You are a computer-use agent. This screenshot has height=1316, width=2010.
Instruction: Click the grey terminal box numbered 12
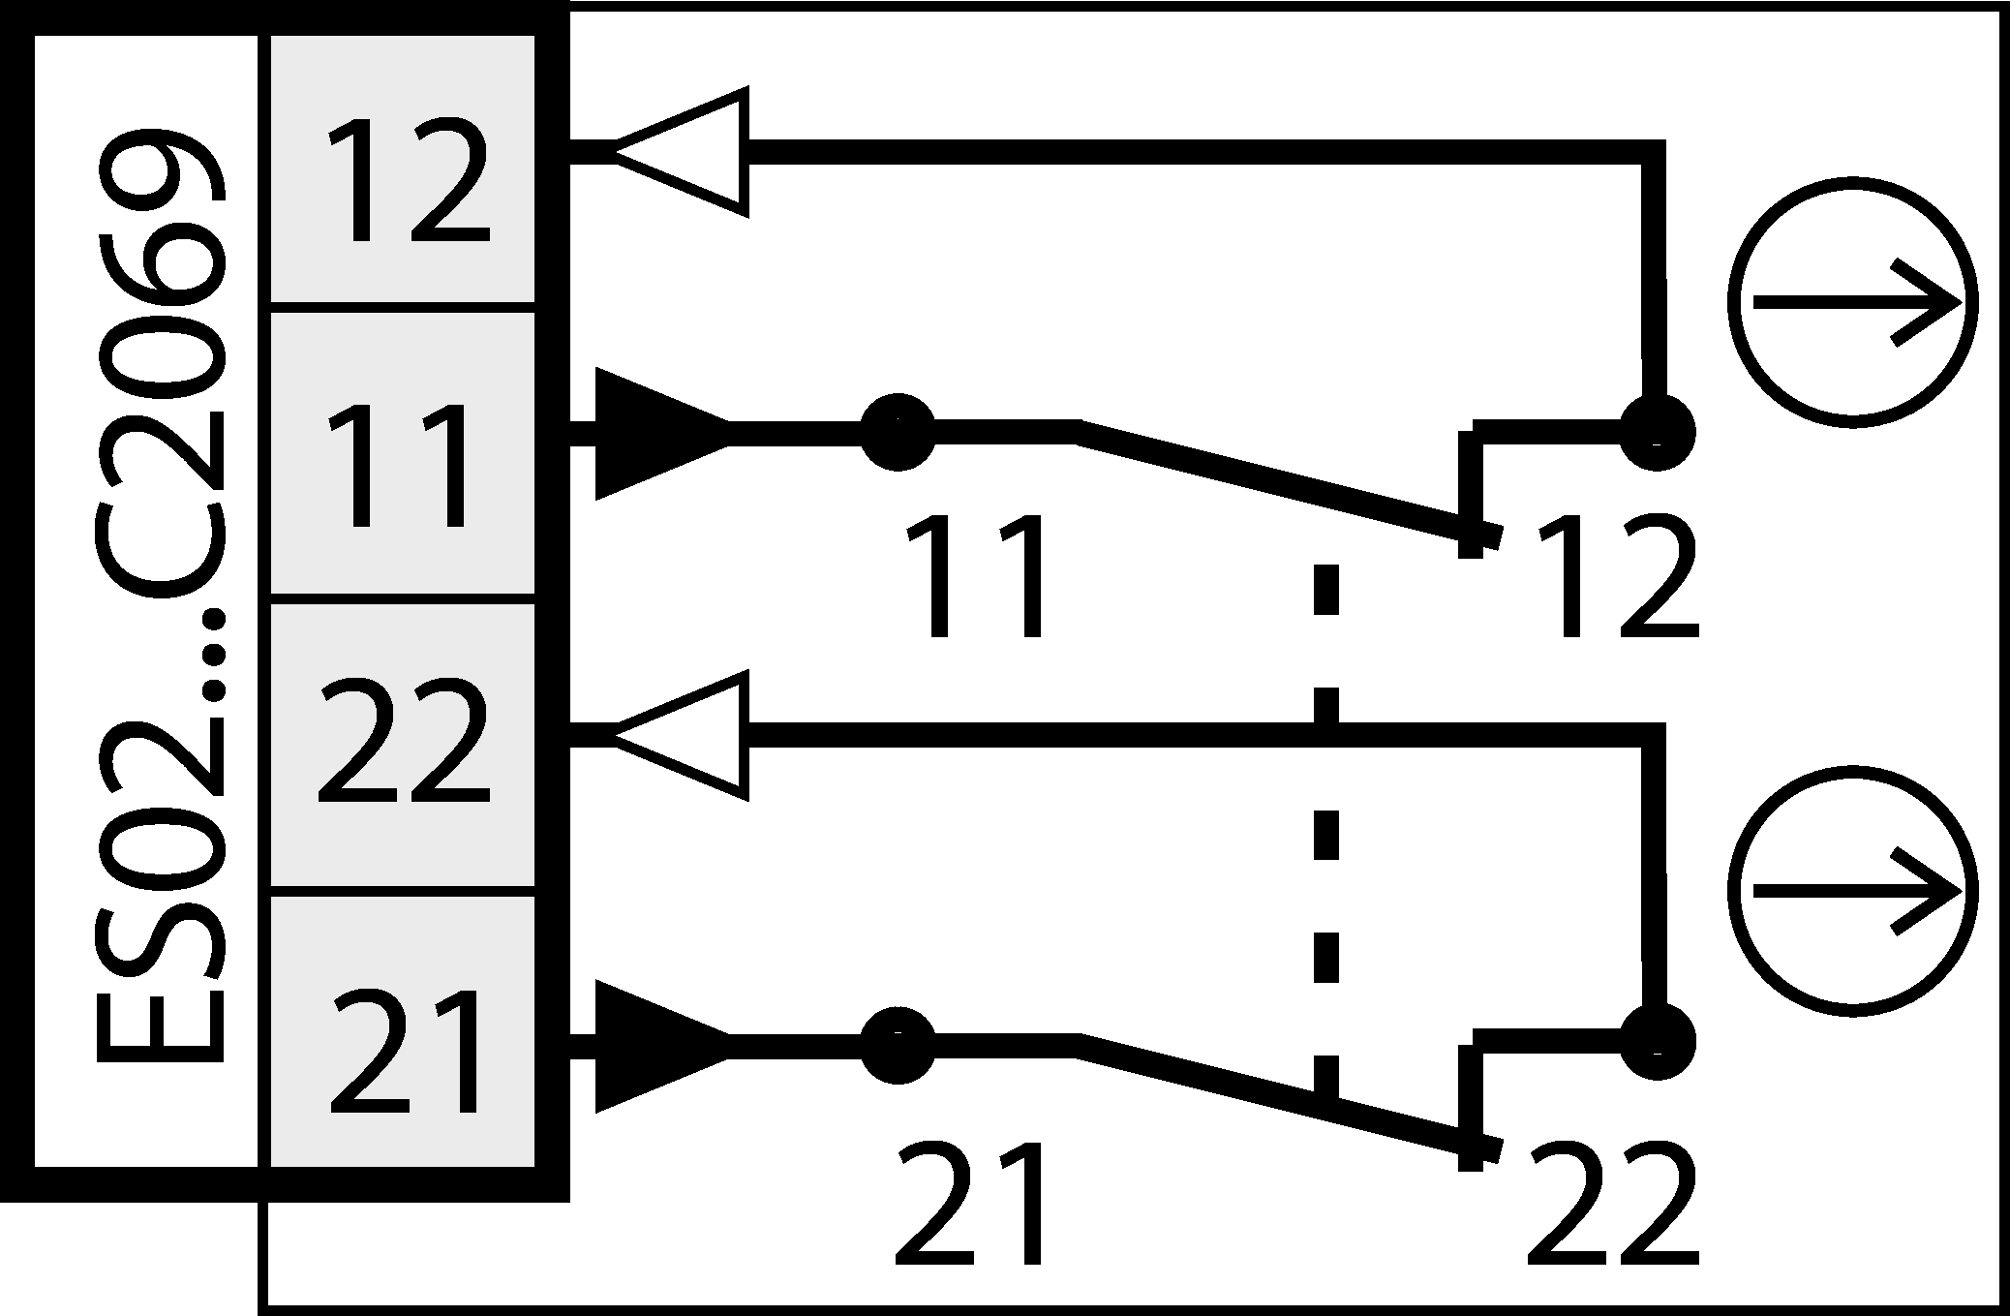(x=402, y=169)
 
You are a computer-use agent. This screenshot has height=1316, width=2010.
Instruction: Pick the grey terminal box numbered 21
(x=402, y=1031)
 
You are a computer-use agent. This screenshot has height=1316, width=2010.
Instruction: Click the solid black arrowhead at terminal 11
(x=658, y=434)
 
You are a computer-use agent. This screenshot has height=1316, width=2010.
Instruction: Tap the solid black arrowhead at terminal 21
(x=658, y=1046)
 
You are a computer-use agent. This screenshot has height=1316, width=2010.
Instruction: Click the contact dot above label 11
(x=898, y=432)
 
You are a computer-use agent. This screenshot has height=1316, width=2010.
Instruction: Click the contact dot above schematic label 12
(x=1657, y=432)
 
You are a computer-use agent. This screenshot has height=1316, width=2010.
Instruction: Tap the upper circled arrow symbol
(x=1852, y=302)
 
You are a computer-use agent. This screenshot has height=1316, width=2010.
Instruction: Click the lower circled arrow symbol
(x=1852, y=891)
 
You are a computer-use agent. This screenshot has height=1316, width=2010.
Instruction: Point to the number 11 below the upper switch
(x=976, y=577)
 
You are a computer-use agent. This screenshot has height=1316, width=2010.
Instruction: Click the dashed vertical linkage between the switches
(x=1325, y=833)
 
